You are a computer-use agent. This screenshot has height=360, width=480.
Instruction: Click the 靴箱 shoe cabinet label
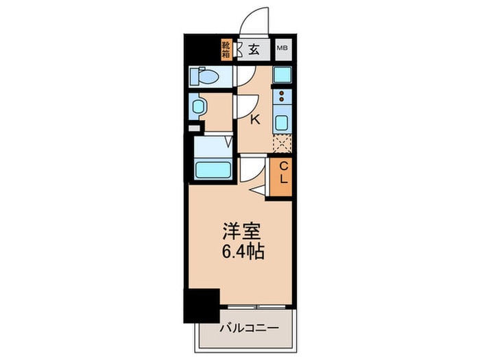click(226, 49)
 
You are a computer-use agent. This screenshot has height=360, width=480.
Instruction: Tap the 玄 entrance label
click(254, 49)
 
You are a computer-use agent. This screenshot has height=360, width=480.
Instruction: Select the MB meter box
click(282, 49)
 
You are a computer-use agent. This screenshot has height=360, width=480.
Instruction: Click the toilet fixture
click(205, 77)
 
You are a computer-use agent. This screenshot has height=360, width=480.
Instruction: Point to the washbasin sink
click(198, 106)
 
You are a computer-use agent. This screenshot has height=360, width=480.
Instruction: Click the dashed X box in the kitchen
click(282, 144)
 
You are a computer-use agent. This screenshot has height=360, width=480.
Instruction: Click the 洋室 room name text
click(239, 230)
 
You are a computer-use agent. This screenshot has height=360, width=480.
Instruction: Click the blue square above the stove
click(282, 75)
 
